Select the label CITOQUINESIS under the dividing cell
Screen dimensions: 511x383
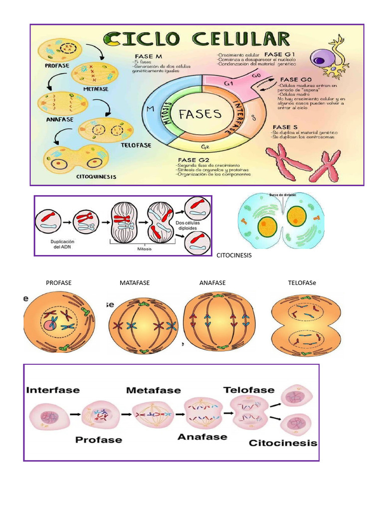[x=96, y=176]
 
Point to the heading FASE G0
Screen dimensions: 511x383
[x=296, y=79]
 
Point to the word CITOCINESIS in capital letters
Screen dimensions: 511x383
[x=234, y=255]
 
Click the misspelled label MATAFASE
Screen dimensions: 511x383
[x=135, y=283]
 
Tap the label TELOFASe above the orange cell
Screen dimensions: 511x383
[x=302, y=283]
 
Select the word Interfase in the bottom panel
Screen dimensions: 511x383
[x=53, y=390]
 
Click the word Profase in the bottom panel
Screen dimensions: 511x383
[x=99, y=440]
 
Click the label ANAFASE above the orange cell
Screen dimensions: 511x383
[x=212, y=283]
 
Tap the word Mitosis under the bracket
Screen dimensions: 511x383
[x=145, y=249]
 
